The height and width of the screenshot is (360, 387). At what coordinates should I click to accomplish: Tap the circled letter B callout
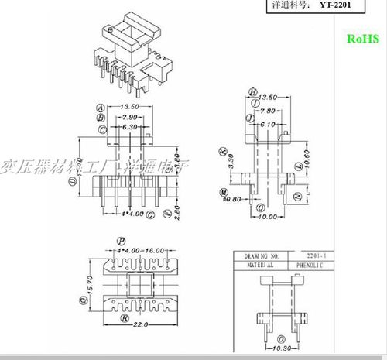click(101, 118)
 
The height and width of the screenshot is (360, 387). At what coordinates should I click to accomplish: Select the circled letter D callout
click(72, 180)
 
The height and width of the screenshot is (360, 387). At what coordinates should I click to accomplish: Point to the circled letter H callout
click(253, 91)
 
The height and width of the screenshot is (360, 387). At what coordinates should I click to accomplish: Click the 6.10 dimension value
click(265, 124)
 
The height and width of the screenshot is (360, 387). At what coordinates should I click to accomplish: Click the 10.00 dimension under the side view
click(267, 217)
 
